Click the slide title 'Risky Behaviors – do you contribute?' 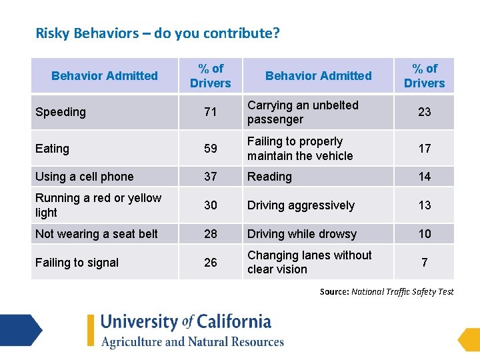[x=157, y=33]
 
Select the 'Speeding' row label [x=61, y=112]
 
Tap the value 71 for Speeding [x=211, y=112]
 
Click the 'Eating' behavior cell [x=52, y=149]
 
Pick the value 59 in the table [x=211, y=149]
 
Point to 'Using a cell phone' [x=84, y=177]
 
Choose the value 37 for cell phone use [x=211, y=177]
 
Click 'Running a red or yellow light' [x=98, y=205]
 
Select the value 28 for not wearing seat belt [x=211, y=234]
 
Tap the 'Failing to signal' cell [x=77, y=263]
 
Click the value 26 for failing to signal [x=211, y=263]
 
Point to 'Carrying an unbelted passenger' [x=303, y=112]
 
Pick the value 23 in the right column [x=425, y=112]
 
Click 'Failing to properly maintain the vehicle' [x=300, y=149]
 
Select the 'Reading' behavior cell [x=269, y=177]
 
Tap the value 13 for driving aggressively [x=425, y=205]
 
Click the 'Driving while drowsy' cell [x=302, y=234]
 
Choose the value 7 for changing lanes [x=425, y=263]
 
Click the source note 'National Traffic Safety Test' [x=403, y=291]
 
